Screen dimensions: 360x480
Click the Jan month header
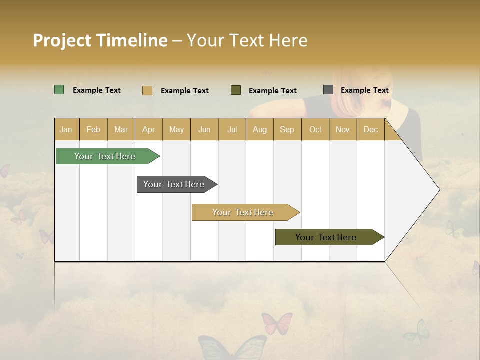coord(66,130)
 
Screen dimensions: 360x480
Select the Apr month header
coord(148,130)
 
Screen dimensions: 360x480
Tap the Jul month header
coord(232,130)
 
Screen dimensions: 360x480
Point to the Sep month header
coord(287,130)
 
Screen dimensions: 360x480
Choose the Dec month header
coord(370,130)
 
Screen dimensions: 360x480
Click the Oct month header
coord(315,130)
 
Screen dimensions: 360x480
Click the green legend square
coord(59,90)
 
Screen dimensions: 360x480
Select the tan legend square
coord(147,90)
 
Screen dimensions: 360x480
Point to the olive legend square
coord(236,90)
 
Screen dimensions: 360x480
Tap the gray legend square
coord(328,90)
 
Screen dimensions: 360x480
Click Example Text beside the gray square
coord(364,90)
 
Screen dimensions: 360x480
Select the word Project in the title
coord(62,40)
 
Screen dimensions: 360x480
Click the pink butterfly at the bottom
coord(276,323)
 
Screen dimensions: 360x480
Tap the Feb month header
coord(93,130)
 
